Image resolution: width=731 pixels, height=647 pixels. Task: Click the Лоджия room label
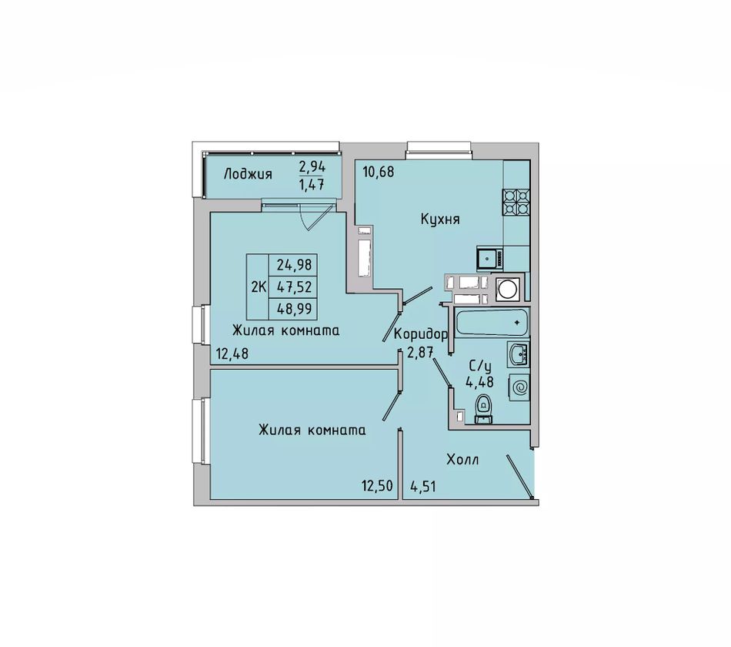[x=248, y=175]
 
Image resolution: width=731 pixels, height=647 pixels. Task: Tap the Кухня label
[x=440, y=220]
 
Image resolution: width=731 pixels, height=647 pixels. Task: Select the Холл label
[x=462, y=460]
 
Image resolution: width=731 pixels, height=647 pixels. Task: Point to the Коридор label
[x=421, y=334]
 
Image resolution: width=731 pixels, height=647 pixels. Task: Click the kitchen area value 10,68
[x=379, y=172]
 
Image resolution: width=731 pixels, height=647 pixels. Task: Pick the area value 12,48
[x=232, y=354]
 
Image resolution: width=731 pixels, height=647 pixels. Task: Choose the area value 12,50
[x=378, y=486]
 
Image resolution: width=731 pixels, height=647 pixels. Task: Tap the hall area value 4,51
[x=423, y=487]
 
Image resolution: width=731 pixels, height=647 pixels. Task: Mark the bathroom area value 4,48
[x=479, y=382]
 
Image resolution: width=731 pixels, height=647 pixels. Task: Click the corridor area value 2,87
[x=421, y=353]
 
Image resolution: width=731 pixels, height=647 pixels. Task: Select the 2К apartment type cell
[x=259, y=287]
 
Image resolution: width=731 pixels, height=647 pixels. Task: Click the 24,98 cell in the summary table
[x=294, y=265]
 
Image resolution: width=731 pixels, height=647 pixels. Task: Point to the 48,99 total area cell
[x=294, y=309]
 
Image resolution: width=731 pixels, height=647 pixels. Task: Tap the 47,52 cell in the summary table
[x=294, y=287]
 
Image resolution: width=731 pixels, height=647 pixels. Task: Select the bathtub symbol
[x=492, y=322]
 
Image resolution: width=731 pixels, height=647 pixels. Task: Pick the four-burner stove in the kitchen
[x=516, y=202]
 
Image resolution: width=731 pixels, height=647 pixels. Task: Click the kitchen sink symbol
[x=490, y=258]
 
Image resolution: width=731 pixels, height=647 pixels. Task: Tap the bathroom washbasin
[x=518, y=355]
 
